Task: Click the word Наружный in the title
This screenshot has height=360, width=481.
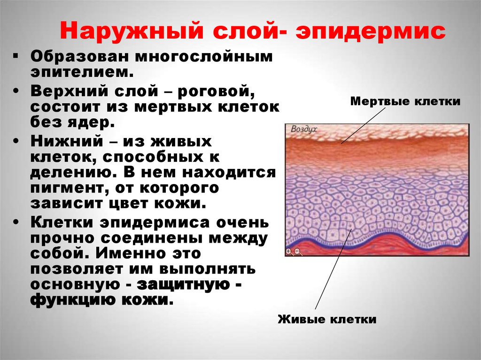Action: (x=132, y=31)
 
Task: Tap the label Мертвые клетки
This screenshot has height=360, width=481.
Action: (x=405, y=101)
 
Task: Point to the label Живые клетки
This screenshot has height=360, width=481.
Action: (x=327, y=319)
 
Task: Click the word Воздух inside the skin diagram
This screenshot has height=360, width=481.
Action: (x=303, y=129)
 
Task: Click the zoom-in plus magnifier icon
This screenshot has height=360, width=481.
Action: (x=289, y=252)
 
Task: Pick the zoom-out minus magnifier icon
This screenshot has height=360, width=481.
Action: (x=298, y=252)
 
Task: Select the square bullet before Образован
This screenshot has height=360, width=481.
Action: (x=16, y=56)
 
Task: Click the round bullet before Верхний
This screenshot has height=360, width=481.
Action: (x=16, y=91)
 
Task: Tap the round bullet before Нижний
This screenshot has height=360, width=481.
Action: (x=16, y=141)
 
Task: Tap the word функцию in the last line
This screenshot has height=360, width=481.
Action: (x=73, y=299)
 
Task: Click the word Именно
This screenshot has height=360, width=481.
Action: (x=129, y=253)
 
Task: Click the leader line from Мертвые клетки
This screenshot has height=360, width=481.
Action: (x=363, y=125)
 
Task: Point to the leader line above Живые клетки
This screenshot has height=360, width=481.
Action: (x=334, y=268)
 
